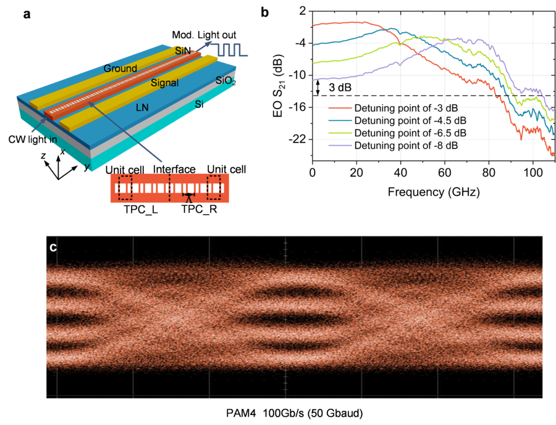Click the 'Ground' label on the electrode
pyautogui.click(x=120, y=68)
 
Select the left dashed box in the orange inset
pyautogui.click(x=125, y=187)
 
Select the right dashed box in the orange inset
pyautogui.click(x=215, y=187)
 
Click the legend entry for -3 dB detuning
pyautogui.click(x=399, y=109)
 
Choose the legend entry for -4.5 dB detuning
pyautogui.click(x=399, y=121)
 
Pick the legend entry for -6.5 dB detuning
pyautogui.click(x=399, y=133)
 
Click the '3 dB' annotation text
pyautogui.click(x=340, y=88)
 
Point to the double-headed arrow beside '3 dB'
pyautogui.click(x=318, y=87)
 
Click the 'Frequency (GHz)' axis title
pyautogui.click(x=433, y=191)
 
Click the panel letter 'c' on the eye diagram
pyautogui.click(x=53, y=248)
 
